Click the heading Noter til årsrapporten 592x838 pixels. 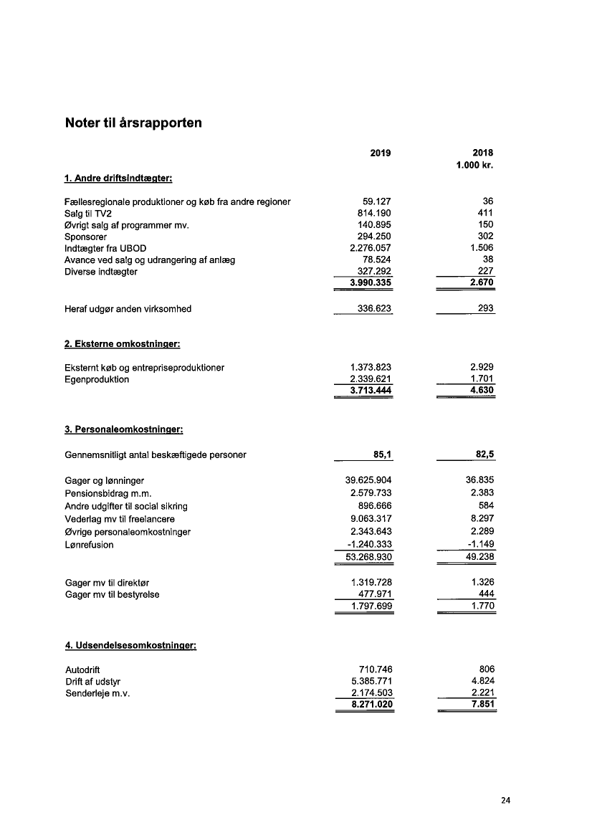click(x=133, y=123)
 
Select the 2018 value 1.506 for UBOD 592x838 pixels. click(x=482, y=248)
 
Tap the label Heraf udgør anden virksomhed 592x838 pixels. click(x=128, y=310)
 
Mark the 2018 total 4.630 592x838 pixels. click(x=482, y=391)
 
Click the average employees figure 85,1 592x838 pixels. click(x=380, y=454)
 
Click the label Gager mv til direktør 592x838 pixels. click(x=108, y=583)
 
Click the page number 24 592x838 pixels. click(x=506, y=801)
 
